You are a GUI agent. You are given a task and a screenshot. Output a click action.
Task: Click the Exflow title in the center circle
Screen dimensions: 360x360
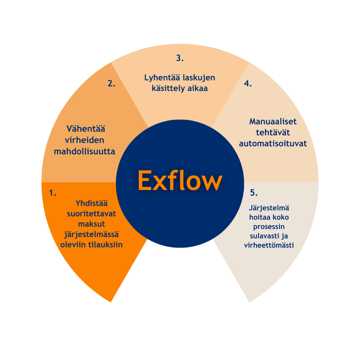click(180, 181)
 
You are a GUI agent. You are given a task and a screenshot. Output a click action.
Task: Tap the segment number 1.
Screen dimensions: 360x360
click(53, 193)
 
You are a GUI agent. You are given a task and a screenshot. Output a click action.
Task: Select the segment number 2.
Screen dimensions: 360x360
click(111, 84)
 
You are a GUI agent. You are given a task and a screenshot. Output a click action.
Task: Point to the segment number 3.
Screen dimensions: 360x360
click(180, 58)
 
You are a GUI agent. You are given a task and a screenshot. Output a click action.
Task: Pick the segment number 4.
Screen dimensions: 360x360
click(248, 84)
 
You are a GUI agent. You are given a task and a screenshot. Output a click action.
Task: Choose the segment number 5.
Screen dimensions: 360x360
click(254, 193)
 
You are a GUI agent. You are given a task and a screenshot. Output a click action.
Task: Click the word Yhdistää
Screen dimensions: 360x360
click(91, 203)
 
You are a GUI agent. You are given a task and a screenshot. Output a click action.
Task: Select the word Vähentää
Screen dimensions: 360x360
click(86, 129)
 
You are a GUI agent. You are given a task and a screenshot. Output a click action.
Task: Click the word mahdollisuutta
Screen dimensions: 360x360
click(85, 152)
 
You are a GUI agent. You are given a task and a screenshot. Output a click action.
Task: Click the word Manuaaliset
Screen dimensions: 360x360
click(273, 122)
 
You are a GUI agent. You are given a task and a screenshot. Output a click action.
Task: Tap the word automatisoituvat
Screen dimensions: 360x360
click(273, 144)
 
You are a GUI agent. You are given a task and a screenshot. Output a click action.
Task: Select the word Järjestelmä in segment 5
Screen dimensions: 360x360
click(269, 208)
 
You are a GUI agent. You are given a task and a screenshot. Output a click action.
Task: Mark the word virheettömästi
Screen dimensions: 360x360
click(269, 245)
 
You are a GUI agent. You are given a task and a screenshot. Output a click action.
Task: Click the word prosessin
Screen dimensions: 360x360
click(269, 227)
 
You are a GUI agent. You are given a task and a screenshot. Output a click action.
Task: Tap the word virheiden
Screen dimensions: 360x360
click(85, 140)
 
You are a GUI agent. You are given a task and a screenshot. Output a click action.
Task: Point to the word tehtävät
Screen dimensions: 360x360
click(273, 133)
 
